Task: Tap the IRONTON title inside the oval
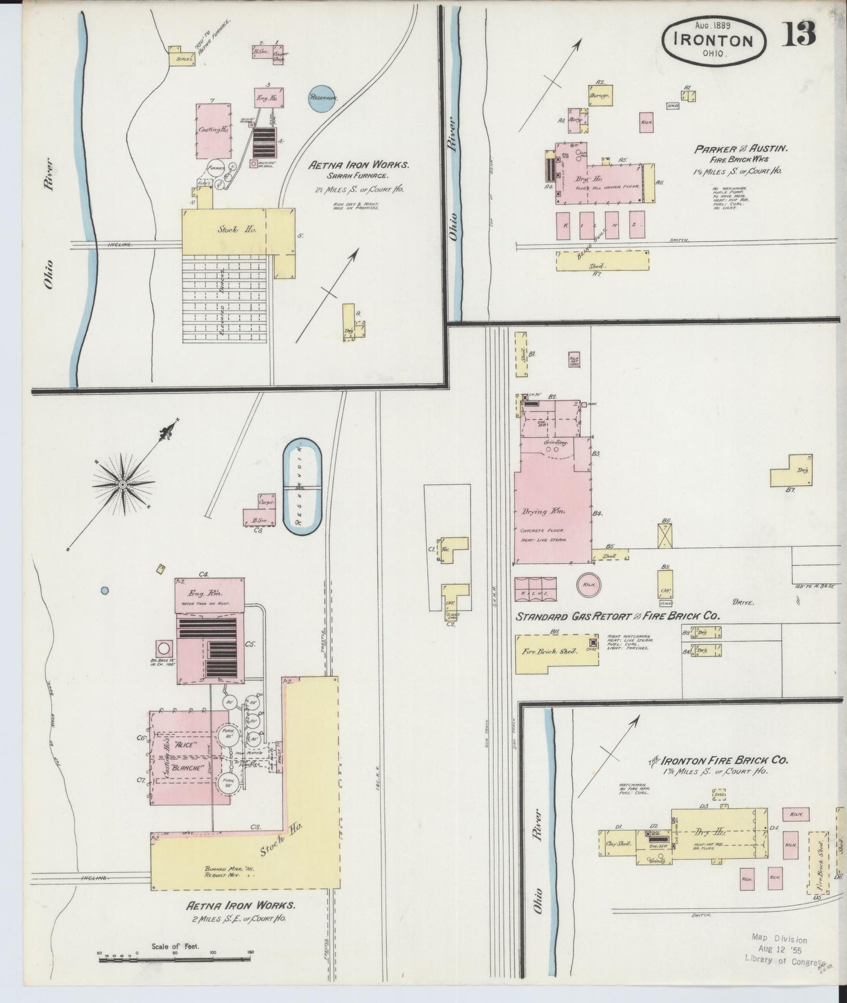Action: (713, 40)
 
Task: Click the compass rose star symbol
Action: (122, 484)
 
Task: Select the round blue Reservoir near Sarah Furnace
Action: (324, 98)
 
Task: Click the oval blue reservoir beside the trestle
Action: (302, 485)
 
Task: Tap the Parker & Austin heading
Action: (741, 149)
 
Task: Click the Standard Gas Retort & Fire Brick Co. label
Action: (617, 616)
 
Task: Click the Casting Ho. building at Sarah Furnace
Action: (213, 130)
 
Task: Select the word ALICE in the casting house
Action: (183, 744)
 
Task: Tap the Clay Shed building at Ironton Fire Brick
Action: (616, 845)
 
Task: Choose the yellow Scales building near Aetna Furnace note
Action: (182, 58)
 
